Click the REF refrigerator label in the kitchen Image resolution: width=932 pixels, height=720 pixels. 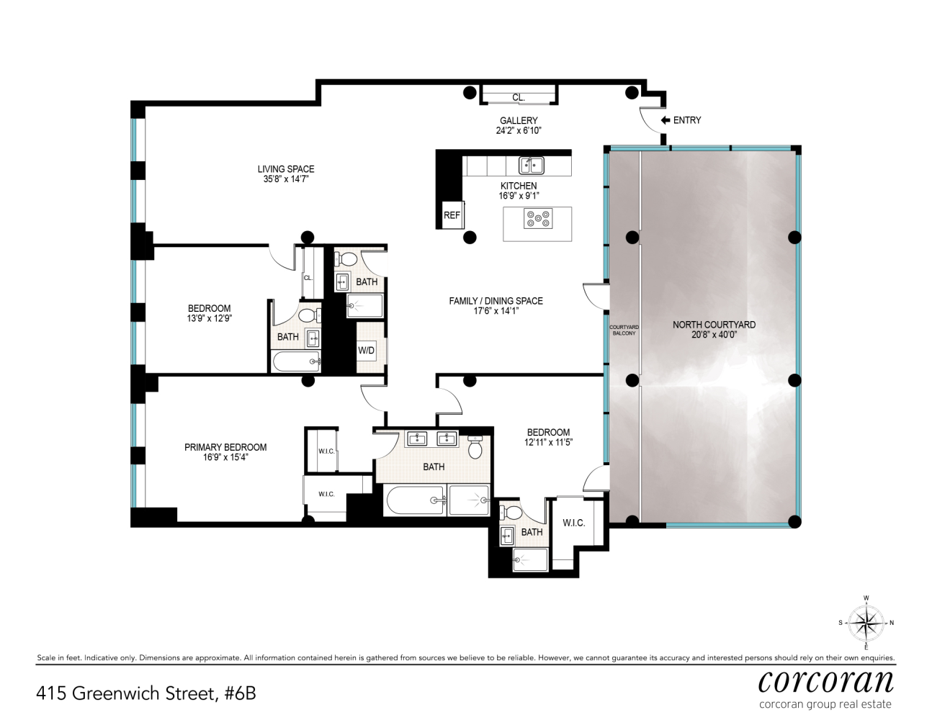tap(452, 215)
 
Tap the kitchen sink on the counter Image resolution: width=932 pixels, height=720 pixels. tap(532, 166)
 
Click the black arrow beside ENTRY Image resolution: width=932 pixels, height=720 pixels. tap(666, 120)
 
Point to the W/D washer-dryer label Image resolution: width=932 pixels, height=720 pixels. tap(366, 351)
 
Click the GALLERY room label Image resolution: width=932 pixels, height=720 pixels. tap(519, 121)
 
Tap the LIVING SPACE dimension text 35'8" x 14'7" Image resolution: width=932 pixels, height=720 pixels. tap(286, 179)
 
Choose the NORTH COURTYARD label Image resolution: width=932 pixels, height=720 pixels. tap(714, 325)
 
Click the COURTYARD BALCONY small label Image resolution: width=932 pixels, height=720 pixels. tap(624, 330)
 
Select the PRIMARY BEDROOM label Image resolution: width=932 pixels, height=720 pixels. tap(225, 447)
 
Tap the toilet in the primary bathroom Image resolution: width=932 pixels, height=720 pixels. tap(475, 447)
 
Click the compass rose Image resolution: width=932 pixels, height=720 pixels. tap(866, 623)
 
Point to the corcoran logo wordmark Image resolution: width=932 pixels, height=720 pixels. tap(826, 681)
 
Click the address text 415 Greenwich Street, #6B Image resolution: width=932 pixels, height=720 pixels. tap(145, 693)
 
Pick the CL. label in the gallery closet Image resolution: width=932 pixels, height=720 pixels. tap(519, 98)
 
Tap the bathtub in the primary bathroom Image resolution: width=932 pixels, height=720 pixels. tap(415, 500)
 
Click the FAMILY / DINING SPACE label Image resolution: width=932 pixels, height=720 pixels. tap(496, 301)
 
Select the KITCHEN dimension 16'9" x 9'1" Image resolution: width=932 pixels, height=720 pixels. tap(519, 196)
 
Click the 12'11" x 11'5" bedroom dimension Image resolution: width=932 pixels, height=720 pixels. tap(549, 442)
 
